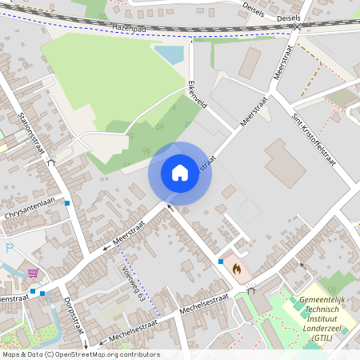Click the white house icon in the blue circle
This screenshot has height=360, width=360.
[x=180, y=173]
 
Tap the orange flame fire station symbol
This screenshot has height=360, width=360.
[x=237, y=270]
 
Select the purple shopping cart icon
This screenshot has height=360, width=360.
[x=33, y=274]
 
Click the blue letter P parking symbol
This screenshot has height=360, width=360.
[x=10, y=247]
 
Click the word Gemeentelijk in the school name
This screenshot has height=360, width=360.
[x=326, y=300]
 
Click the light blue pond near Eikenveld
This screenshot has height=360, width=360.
[x=169, y=54]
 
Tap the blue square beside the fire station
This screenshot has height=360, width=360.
[x=220, y=261]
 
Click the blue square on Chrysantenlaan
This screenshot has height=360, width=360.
[x=68, y=203]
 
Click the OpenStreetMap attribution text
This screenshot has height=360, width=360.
[x=81, y=354]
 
